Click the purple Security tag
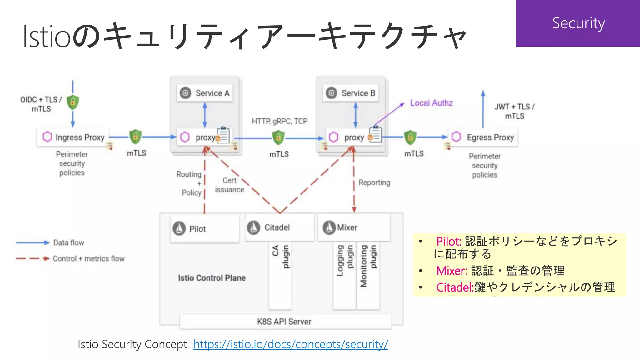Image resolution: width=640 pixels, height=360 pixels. click(x=578, y=23)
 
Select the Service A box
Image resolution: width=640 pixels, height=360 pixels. click(x=205, y=93)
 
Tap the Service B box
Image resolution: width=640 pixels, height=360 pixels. click(x=351, y=93)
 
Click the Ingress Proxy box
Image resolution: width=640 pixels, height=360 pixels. click(x=73, y=137)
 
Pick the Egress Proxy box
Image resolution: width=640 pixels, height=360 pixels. click(x=483, y=137)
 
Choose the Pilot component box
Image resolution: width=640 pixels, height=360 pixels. click(x=205, y=229)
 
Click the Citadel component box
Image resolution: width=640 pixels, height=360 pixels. click(x=280, y=227)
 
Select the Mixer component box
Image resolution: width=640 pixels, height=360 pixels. click(x=354, y=227)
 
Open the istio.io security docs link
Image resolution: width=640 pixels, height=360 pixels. click(x=291, y=344)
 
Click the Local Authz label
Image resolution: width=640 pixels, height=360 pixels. click(x=431, y=103)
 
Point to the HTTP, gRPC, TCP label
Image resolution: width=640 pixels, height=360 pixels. click(x=280, y=121)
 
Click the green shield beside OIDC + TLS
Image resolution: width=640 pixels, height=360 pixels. click(x=73, y=102)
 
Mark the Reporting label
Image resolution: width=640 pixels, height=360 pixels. click(x=374, y=182)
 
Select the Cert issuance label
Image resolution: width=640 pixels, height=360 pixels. click(x=229, y=185)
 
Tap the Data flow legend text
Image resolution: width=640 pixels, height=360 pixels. click(x=68, y=243)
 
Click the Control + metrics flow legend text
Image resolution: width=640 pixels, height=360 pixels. click(x=88, y=259)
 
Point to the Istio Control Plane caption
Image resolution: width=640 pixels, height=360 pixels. click(x=212, y=278)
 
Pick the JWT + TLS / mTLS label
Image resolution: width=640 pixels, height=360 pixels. click(x=514, y=111)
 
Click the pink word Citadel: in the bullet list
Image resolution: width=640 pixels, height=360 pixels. click(x=455, y=287)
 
